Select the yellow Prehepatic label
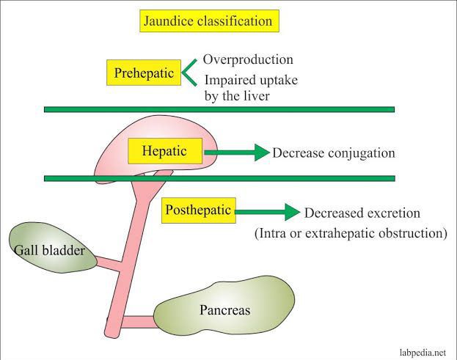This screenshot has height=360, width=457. pos(143,73)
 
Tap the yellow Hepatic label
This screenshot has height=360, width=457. pos(165,152)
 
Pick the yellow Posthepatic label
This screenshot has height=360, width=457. pos(199,210)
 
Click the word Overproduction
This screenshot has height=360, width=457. pos(248,59)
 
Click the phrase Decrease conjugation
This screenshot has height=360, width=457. pos(334,153)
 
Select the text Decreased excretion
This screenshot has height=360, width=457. pos(362,213)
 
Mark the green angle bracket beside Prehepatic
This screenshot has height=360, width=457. pos(189,71)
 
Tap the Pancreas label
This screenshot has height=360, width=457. pos(225,310)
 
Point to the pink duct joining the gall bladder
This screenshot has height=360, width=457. pos(107,262)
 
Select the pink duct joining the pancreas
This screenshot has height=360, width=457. pos(138,320)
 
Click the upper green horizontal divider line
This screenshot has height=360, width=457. pos(219,109)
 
